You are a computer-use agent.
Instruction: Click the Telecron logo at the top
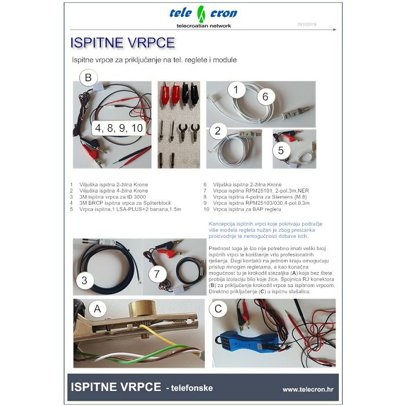pos(202,12)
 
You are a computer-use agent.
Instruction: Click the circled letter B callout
pos(88,77)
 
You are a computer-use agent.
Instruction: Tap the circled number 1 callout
pos(236,90)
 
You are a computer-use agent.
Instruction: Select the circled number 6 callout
pos(265,96)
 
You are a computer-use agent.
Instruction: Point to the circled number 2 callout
pos(217,131)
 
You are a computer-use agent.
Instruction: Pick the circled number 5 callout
pos(281,150)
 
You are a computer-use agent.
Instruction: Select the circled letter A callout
pos(97,310)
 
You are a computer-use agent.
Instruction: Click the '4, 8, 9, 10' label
pos(119,128)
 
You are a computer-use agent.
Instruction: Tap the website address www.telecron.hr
pos(307,389)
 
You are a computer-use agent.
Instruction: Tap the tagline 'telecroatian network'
pos(204,26)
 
